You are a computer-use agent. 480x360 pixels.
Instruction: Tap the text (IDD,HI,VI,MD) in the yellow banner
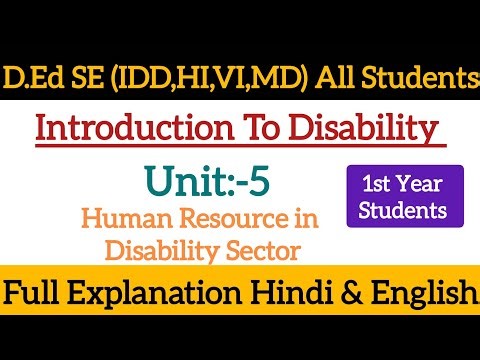(180, 76)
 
